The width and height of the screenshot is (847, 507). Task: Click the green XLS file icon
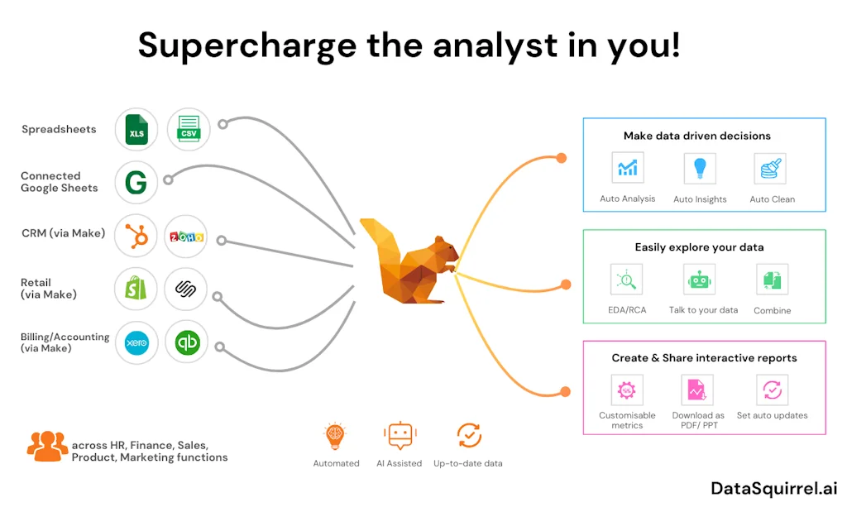click(136, 130)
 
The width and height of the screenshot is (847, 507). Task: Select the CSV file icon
click(188, 130)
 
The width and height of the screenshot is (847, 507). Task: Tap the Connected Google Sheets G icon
click(136, 181)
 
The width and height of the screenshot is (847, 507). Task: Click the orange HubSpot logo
click(136, 234)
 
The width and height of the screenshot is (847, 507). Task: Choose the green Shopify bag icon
click(136, 289)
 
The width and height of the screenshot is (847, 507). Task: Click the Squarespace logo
click(186, 289)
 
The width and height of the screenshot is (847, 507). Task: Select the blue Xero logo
click(136, 342)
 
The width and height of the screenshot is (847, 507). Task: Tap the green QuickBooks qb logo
click(186, 342)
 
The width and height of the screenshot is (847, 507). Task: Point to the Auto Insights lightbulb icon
click(700, 169)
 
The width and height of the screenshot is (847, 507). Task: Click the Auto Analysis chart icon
click(627, 169)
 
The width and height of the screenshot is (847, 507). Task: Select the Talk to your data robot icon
click(700, 280)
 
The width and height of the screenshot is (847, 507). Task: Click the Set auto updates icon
click(772, 390)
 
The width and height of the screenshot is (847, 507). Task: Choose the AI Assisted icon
click(400, 436)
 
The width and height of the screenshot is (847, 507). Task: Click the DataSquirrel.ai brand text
click(773, 488)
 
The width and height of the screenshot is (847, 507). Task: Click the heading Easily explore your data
click(699, 247)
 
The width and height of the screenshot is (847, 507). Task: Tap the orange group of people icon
click(47, 446)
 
